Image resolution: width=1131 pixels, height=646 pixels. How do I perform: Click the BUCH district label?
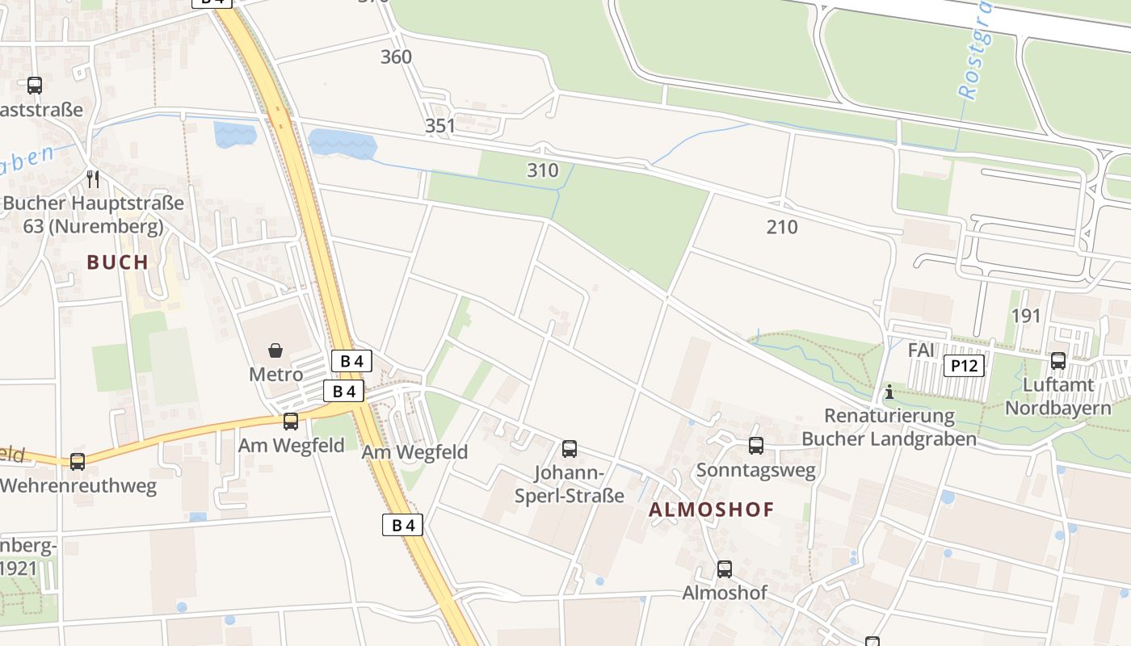118,262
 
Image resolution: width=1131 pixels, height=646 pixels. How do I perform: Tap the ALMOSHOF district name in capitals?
711,510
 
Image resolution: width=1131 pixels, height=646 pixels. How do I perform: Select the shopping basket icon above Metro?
275,350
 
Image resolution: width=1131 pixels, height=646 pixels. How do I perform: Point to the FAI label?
921,350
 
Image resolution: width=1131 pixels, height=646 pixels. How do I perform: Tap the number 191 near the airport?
1026,316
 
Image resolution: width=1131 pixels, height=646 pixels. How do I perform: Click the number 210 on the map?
782,227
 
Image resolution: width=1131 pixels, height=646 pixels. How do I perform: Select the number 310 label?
542,170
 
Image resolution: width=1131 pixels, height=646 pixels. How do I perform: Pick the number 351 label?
440,126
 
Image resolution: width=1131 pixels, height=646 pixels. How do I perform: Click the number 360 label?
396,57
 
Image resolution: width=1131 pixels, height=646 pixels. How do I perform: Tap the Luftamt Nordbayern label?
1058,396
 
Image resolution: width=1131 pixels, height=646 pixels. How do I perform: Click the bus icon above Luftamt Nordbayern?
1058,361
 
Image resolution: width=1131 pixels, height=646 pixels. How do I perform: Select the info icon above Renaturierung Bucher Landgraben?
889,392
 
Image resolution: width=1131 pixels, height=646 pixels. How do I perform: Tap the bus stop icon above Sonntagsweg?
756,445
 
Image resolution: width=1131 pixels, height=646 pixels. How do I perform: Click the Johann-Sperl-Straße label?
570,484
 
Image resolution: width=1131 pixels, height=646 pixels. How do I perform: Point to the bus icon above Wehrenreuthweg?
78,462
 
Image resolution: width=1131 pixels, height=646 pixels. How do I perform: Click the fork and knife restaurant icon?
93,178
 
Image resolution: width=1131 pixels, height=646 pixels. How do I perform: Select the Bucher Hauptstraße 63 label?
93,215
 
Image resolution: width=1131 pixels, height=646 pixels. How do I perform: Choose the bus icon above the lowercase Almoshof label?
725,569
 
